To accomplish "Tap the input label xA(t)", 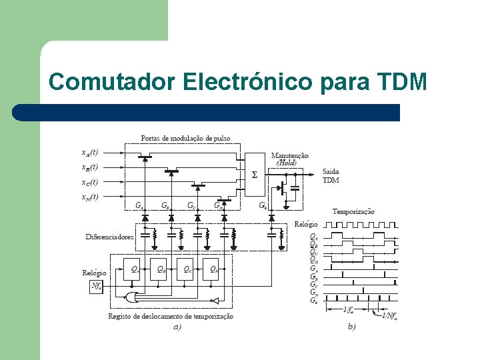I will click(x=89, y=152).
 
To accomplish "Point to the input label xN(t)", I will click(x=89, y=197).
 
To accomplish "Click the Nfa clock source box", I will click(x=97, y=287).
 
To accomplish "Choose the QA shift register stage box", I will click(x=133, y=270).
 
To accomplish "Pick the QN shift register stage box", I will click(x=212, y=270).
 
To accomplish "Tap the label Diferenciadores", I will click(x=109, y=237).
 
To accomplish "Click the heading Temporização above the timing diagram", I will click(x=353, y=211).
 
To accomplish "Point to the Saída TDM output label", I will click(x=331, y=175).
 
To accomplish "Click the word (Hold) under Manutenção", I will click(x=287, y=162).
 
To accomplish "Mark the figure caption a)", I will click(x=177, y=327).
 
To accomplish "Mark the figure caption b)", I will click(x=351, y=327).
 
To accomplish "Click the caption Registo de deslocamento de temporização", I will click(x=171, y=316).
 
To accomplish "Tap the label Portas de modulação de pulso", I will click(x=185, y=138).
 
